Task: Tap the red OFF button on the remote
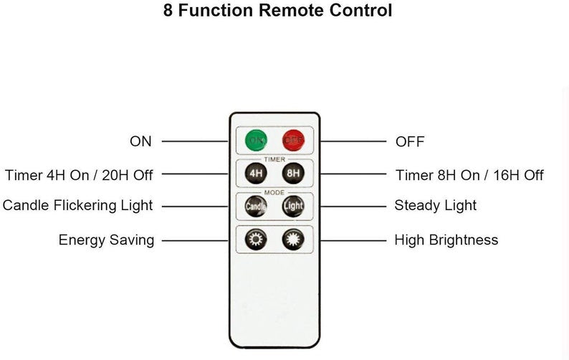(x=292, y=140)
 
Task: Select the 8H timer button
(x=292, y=173)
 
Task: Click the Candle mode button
(x=256, y=206)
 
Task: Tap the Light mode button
(x=292, y=206)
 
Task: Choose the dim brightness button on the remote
(x=256, y=240)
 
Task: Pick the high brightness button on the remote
(x=292, y=240)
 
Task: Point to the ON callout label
(x=140, y=141)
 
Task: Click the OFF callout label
(x=410, y=141)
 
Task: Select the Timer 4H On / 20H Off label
(x=79, y=174)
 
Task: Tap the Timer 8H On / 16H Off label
(x=469, y=175)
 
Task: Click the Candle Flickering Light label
(x=77, y=206)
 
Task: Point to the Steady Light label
(x=436, y=206)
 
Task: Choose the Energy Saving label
(x=106, y=240)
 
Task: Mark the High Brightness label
(x=446, y=240)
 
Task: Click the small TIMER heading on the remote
(x=274, y=159)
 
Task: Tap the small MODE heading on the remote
(x=274, y=192)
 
